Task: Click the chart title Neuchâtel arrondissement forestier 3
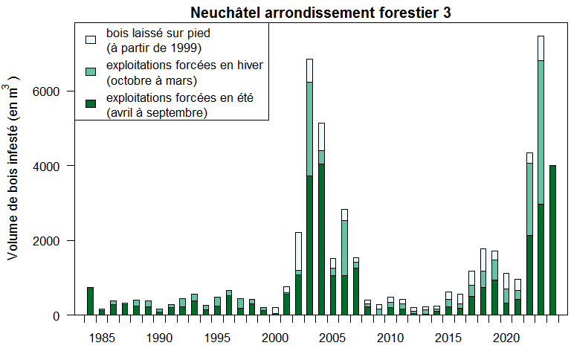(x=320, y=13)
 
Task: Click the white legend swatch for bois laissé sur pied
(x=91, y=39)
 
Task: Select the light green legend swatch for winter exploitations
(x=91, y=71)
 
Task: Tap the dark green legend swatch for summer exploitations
(x=91, y=103)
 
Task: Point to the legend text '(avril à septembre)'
(x=157, y=112)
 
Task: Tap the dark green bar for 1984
(x=90, y=301)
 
